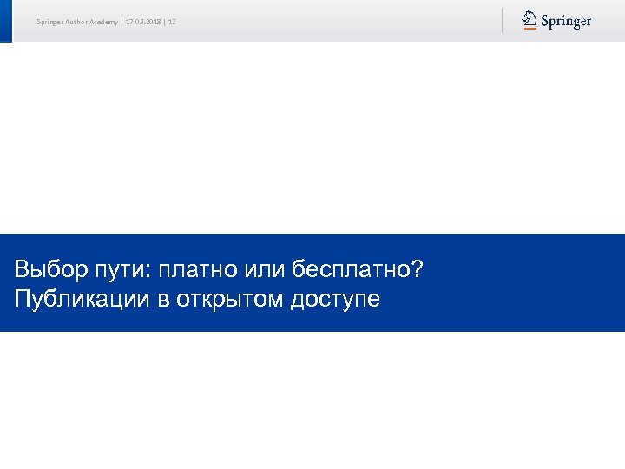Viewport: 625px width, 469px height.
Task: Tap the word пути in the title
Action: click(x=122, y=270)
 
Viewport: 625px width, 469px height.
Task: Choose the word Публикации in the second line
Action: click(x=71, y=300)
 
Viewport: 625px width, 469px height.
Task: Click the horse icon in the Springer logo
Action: click(x=530, y=20)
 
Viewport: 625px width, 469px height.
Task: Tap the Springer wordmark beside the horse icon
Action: click(x=566, y=21)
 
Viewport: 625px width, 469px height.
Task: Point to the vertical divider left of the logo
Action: click(x=502, y=20)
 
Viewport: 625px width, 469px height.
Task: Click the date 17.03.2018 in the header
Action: click(x=143, y=22)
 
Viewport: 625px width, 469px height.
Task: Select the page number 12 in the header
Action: click(x=172, y=22)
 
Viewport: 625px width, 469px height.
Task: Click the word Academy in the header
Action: click(x=102, y=22)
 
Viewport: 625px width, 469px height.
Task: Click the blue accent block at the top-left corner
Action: click(x=6, y=20)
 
